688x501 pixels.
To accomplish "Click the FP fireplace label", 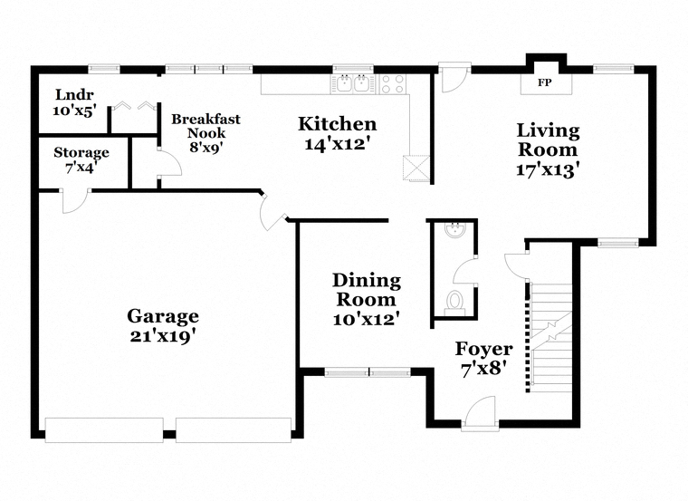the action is [x=545, y=82].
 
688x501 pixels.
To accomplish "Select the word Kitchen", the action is [x=338, y=124].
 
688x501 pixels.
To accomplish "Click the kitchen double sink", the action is [x=353, y=83].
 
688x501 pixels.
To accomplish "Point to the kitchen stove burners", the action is [x=393, y=84].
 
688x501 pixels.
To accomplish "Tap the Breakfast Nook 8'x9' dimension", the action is [x=206, y=147].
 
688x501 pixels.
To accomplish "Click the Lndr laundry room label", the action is [x=74, y=94].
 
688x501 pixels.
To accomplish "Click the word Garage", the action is [x=163, y=316].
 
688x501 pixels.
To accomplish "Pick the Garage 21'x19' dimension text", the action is [x=163, y=336].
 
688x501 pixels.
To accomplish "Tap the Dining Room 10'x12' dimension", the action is [x=367, y=319].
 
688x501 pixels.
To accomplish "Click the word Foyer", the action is [x=484, y=349].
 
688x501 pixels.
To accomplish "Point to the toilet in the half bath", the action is [x=454, y=303].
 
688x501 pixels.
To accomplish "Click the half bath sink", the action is [x=455, y=229].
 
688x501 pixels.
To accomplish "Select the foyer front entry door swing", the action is [x=480, y=411].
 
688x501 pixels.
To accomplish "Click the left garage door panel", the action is [x=104, y=429].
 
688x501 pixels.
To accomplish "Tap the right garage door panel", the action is [x=234, y=429].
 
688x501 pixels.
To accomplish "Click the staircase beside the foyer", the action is [x=551, y=338].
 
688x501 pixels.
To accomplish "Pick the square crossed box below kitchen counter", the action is [x=416, y=168].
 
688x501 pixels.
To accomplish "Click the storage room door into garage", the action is [x=75, y=201].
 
